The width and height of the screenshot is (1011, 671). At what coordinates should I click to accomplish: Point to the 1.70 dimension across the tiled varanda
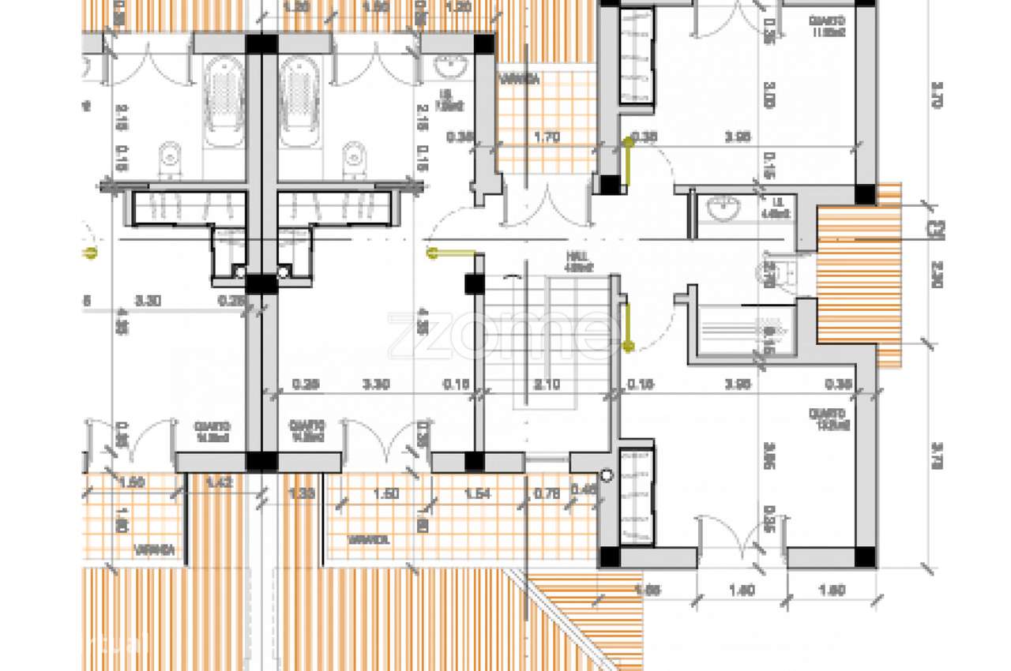547,137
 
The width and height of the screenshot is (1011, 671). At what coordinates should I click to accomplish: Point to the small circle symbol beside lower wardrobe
606,476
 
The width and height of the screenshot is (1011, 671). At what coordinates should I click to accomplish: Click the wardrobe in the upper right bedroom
636,56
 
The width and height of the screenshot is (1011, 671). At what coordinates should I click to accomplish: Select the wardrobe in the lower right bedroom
636,497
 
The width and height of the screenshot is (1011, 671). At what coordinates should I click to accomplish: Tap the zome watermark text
503,332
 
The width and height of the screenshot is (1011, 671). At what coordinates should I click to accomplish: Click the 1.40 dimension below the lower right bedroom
741,590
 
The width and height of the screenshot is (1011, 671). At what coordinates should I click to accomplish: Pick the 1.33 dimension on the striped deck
299,494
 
